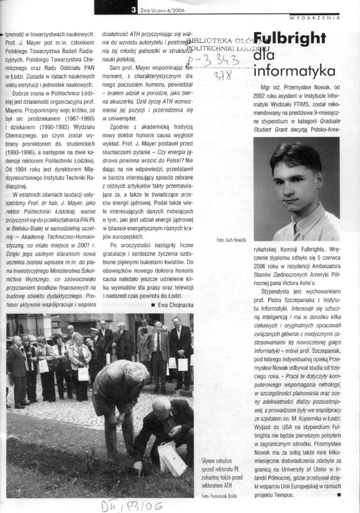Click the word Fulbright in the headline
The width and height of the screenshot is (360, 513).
(x=290, y=38)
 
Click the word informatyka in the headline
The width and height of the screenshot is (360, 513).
(x=294, y=71)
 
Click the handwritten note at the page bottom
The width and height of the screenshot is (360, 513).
(x=127, y=505)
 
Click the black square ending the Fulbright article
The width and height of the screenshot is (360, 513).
(x=338, y=495)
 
